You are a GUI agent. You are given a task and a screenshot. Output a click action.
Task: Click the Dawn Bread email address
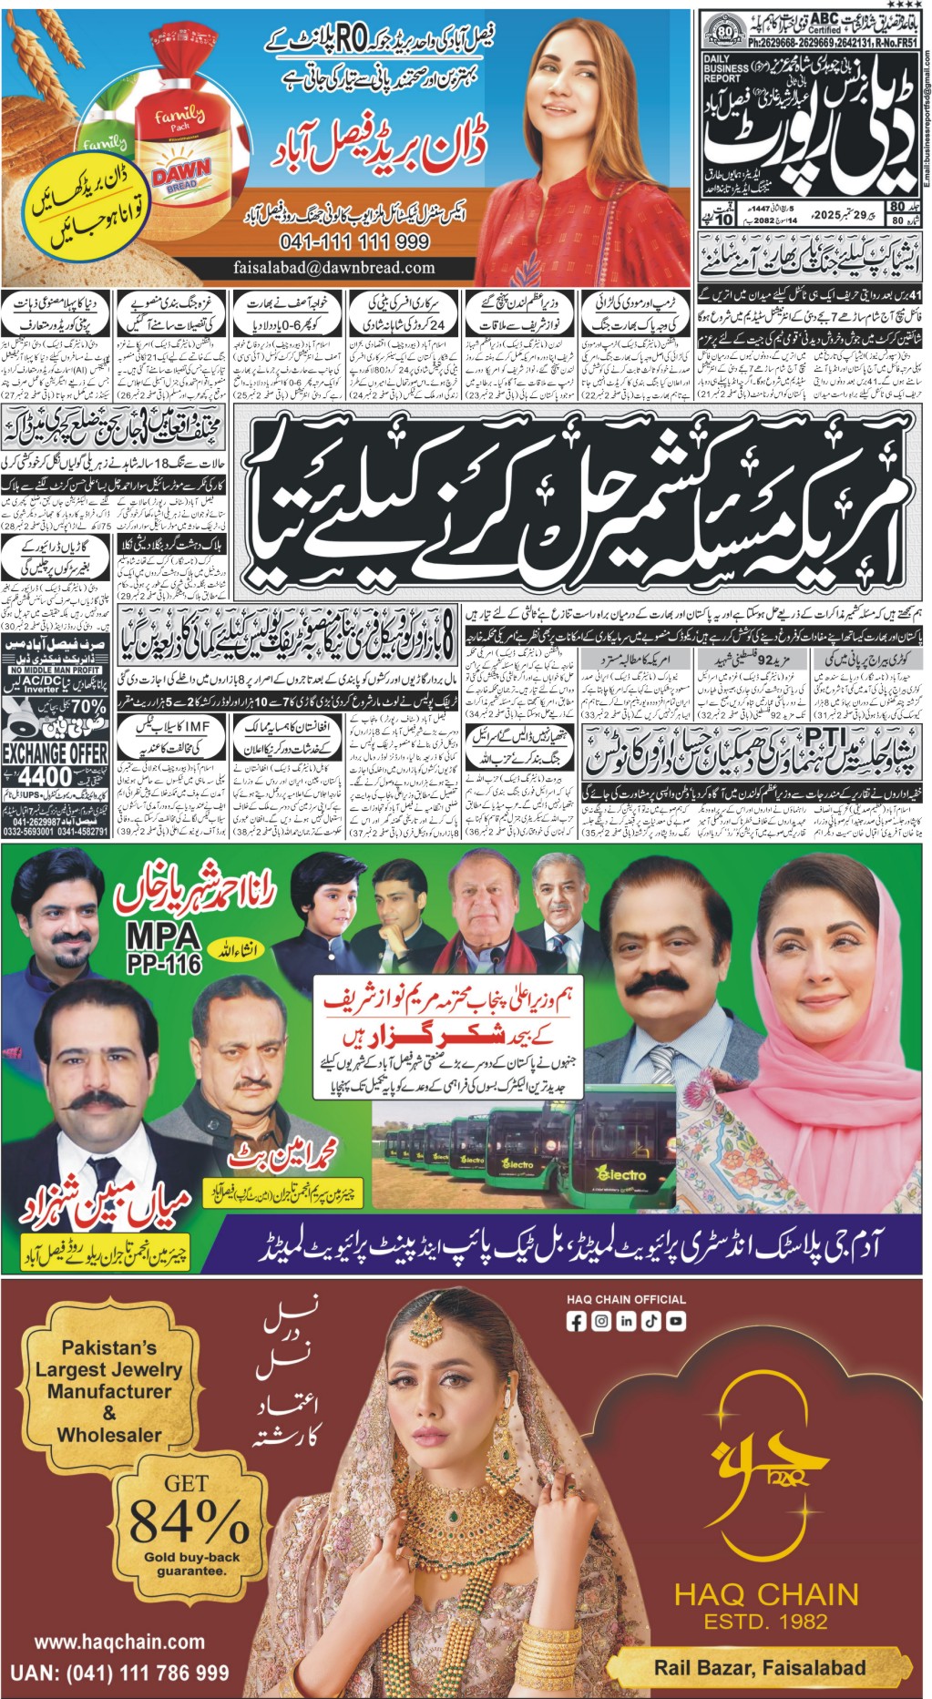(333, 268)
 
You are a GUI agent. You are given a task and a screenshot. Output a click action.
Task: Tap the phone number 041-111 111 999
(355, 242)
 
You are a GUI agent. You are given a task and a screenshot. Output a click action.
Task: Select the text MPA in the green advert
(163, 936)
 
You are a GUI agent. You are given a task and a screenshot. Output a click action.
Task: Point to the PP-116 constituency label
(164, 964)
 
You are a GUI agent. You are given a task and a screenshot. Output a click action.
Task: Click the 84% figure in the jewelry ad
(189, 1520)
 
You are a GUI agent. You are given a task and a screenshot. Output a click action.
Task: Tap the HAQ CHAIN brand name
(766, 1594)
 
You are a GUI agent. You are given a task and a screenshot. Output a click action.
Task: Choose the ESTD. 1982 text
(765, 1622)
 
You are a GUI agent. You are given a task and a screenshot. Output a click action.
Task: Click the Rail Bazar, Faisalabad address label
(760, 1668)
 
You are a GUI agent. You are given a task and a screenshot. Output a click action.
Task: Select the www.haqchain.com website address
(119, 1642)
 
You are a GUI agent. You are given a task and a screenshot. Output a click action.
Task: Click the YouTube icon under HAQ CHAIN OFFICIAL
(675, 1321)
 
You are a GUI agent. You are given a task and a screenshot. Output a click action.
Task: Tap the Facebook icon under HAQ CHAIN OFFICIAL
(576, 1321)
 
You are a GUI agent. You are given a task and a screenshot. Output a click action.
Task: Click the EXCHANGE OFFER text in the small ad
(55, 753)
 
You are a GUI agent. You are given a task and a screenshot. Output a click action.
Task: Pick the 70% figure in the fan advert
(87, 707)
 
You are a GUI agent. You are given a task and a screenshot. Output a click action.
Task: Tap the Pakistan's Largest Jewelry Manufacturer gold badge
(109, 1390)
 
